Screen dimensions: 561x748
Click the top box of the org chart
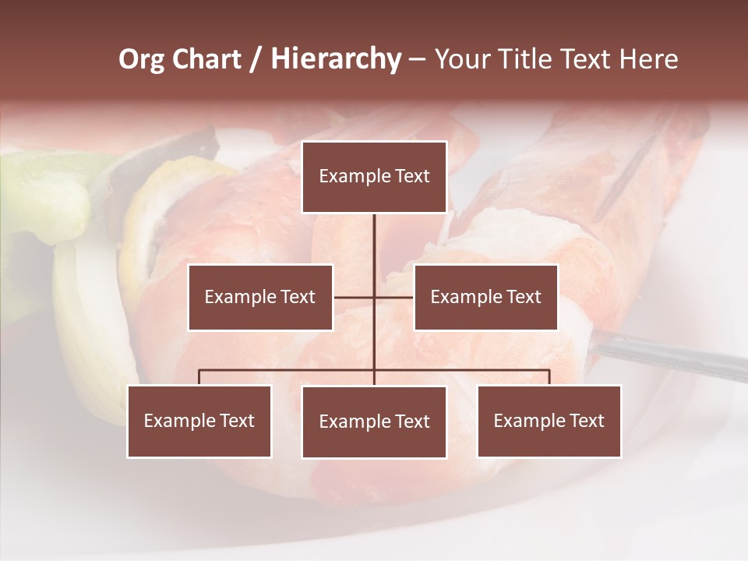pos(374,177)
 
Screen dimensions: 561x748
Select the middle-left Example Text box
pos(260,297)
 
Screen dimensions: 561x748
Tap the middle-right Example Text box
pos(485,297)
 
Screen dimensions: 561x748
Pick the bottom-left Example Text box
pos(199,421)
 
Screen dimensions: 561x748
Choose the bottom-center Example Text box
pos(374,422)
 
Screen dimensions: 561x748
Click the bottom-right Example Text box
pos(549,421)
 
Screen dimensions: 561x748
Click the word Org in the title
pos(141,59)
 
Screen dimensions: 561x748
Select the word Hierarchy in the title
pos(335,59)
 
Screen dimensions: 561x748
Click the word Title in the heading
pos(532,59)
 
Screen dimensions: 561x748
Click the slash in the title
pos(255,59)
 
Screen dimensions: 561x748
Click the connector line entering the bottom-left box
pos(199,377)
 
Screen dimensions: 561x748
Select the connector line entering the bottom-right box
pos(549,377)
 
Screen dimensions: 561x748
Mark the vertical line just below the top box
pos(374,234)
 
